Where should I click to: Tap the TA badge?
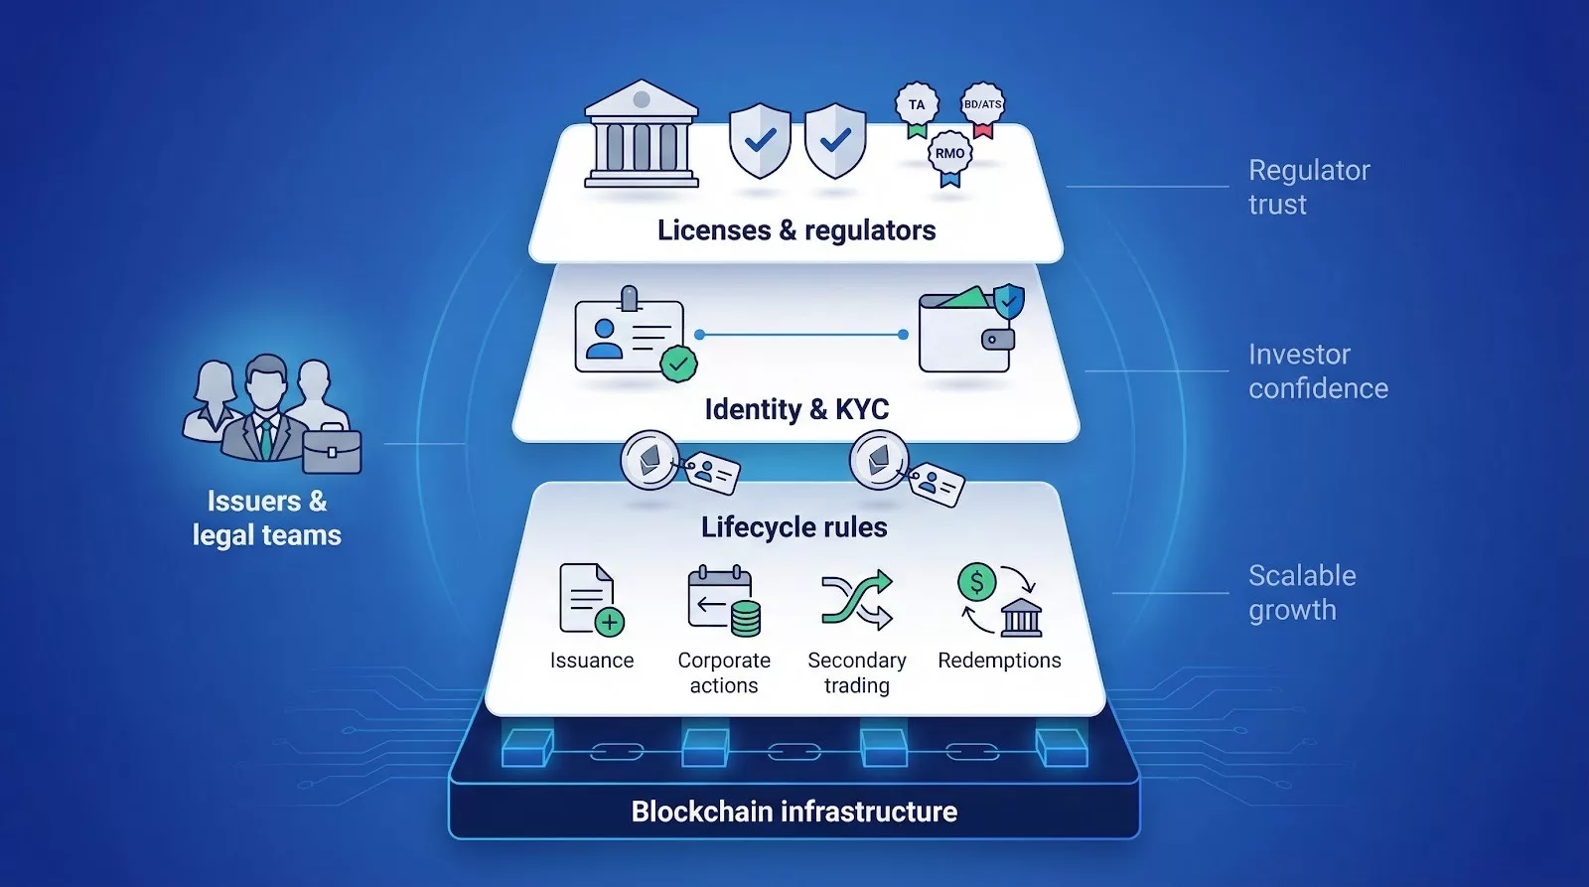coord(917,105)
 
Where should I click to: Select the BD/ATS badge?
coord(982,105)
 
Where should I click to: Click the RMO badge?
coord(949,154)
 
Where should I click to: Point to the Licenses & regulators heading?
coord(796,230)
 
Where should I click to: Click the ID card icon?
coord(630,336)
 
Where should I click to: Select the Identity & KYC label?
coord(796,409)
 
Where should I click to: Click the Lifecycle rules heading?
coord(794,527)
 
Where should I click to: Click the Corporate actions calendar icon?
coord(723,600)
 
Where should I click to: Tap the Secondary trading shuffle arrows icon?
coord(856,600)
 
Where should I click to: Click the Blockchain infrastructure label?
coord(794,812)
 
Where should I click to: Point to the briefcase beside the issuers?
coord(332,451)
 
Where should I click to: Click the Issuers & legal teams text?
coord(267,518)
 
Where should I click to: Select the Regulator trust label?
coord(1309,188)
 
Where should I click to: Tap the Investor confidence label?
coord(1318,371)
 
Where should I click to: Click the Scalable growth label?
coord(1302,593)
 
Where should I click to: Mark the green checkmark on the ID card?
coord(678,364)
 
